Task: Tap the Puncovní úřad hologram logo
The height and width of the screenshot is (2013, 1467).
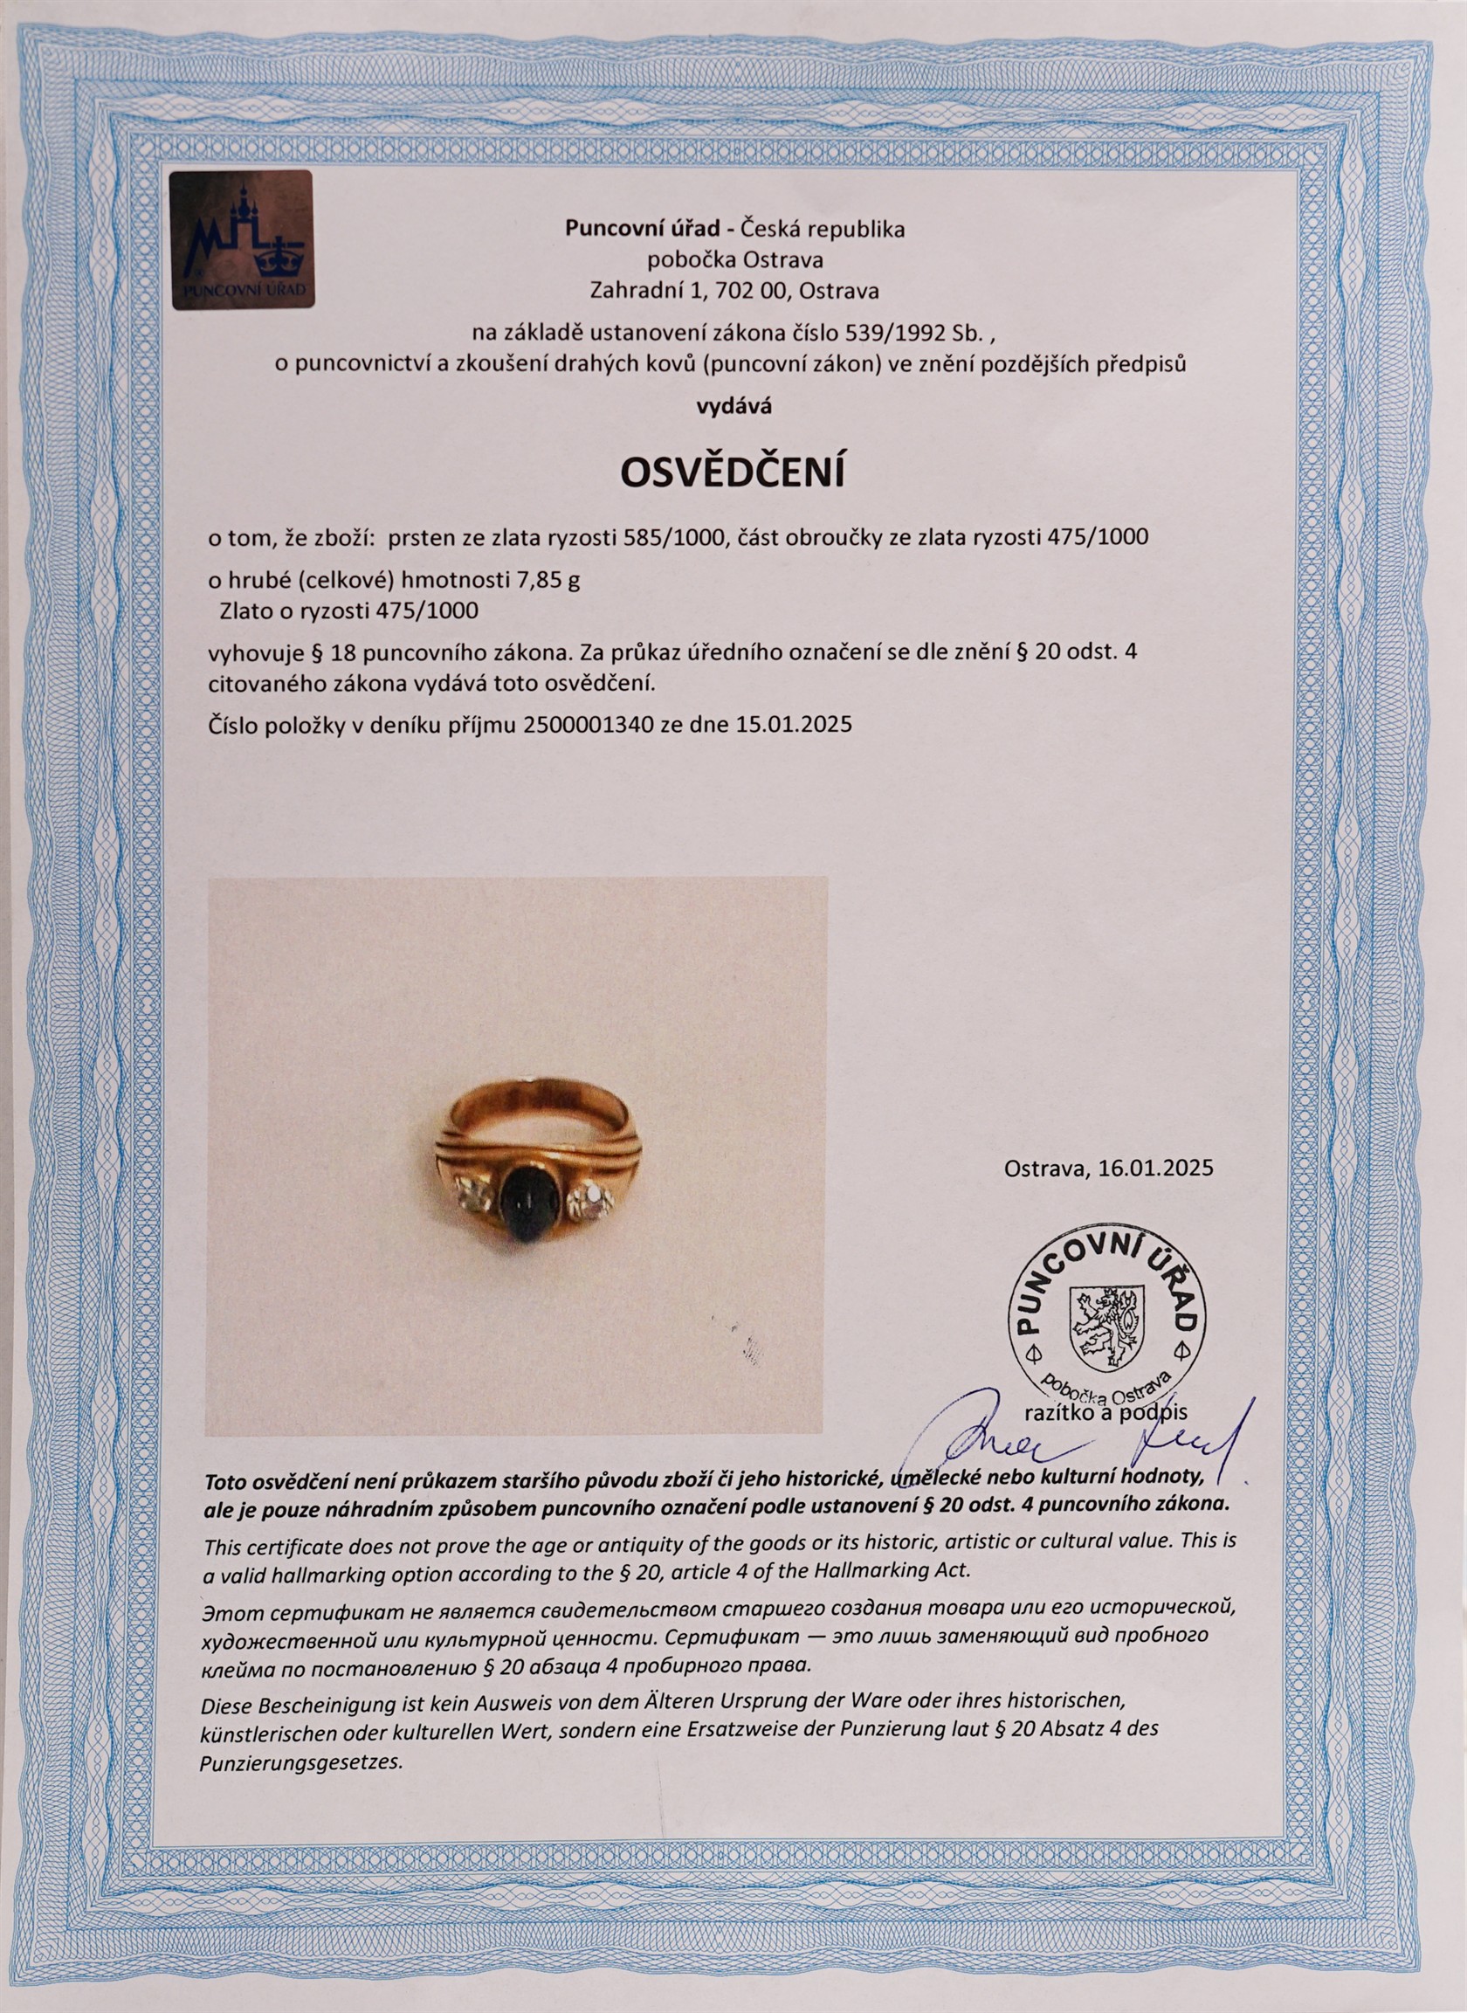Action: click(241, 239)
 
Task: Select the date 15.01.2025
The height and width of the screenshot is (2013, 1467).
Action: click(795, 724)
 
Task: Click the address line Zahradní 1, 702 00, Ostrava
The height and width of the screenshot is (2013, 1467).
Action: click(733, 290)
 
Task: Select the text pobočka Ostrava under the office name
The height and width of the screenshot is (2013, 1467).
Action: click(733, 260)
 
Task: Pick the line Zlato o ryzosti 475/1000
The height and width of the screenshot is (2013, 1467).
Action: click(348, 611)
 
